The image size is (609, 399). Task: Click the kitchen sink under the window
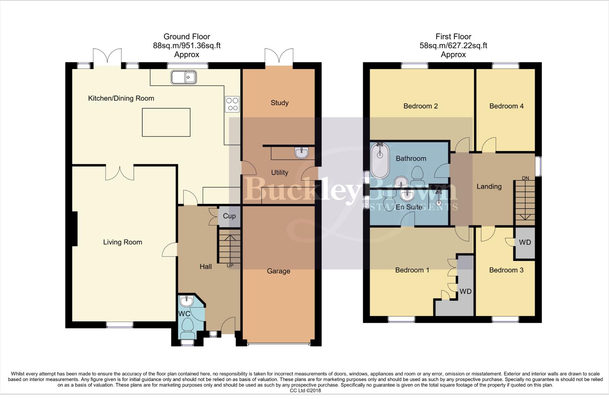coord(184,77)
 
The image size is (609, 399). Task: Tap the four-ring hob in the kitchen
coord(232,104)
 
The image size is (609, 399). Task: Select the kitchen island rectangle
coord(166,122)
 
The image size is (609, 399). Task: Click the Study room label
coord(280,103)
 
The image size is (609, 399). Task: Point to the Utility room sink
coord(302,152)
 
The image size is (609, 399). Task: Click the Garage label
coord(278,271)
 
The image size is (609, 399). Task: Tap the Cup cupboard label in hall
coord(229,216)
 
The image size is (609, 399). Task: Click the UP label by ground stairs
coord(230,266)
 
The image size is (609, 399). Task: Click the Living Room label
coord(123,242)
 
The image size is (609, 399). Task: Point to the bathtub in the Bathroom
coord(380,161)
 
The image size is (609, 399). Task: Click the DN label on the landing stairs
coord(525,178)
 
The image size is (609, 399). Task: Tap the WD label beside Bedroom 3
coord(525,242)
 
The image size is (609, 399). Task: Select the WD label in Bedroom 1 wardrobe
coord(465,291)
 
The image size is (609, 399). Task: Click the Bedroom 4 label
coord(506,106)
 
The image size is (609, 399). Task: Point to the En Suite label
coord(409,207)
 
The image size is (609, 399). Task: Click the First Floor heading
coord(453,37)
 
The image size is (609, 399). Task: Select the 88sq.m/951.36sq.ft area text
coord(187,46)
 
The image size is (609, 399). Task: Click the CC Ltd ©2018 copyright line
coord(305,391)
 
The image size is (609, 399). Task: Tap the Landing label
coord(489,187)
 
